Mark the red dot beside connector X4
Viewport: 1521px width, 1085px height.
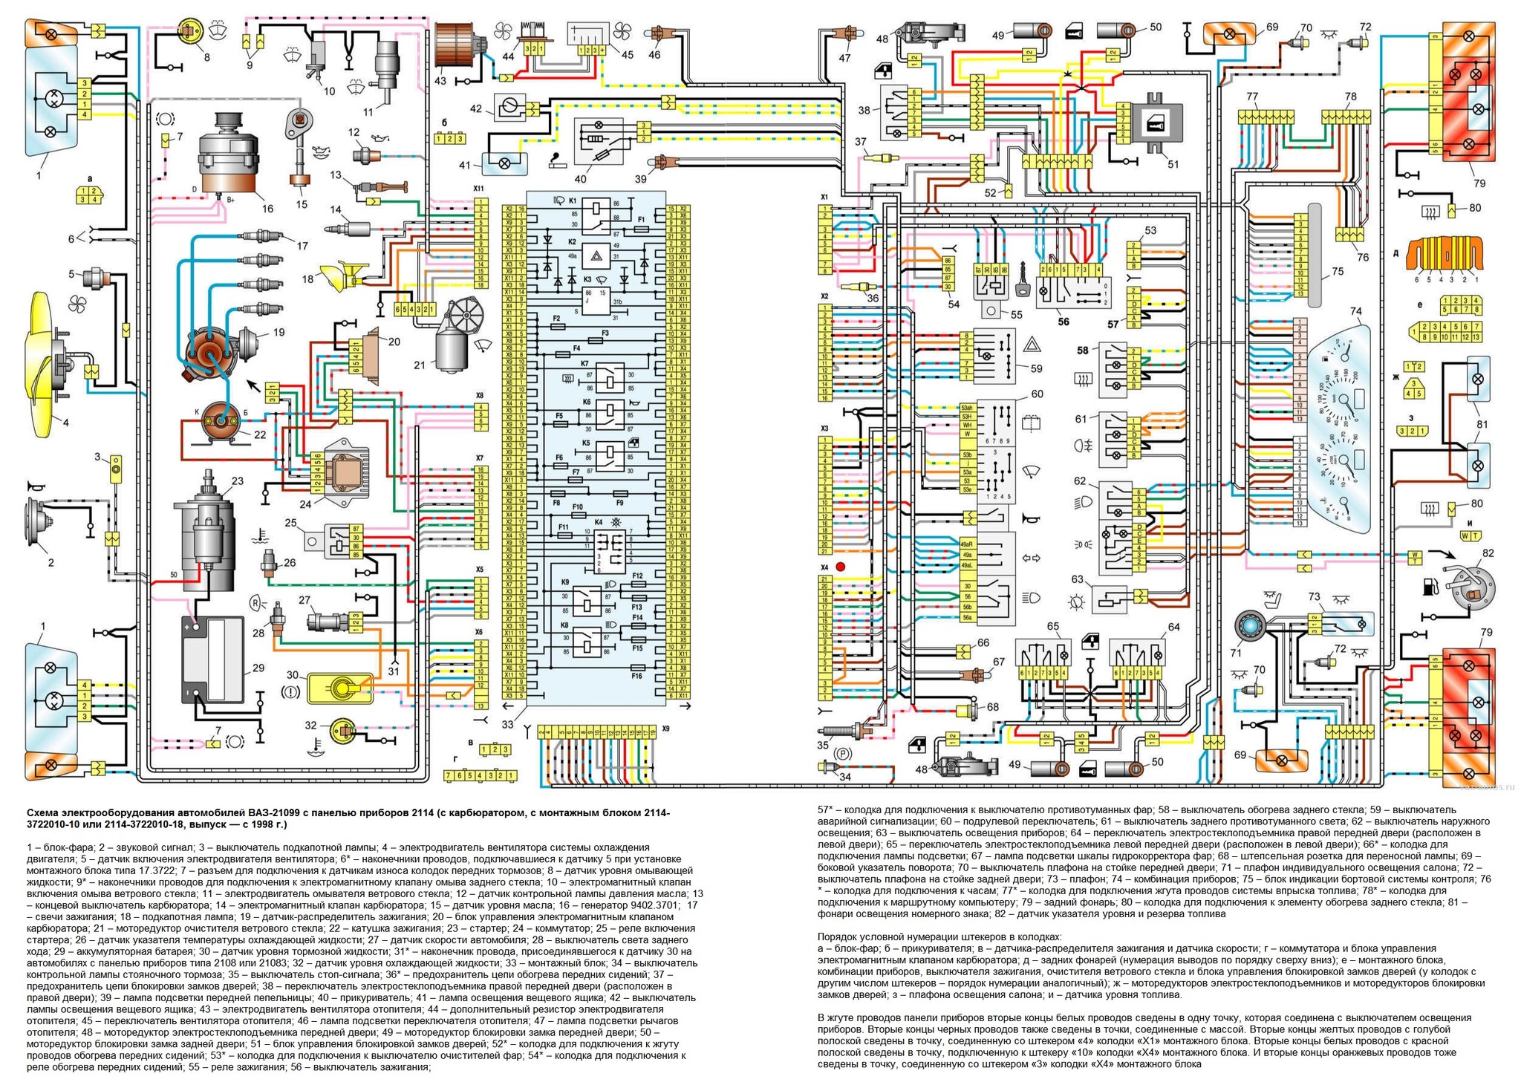[x=841, y=567]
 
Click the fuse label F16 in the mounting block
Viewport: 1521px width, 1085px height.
[x=636, y=677]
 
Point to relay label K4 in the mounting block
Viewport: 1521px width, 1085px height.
[x=599, y=522]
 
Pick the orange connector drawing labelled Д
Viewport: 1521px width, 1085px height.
[x=1445, y=256]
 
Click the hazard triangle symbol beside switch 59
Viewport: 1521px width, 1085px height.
[x=1033, y=343]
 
